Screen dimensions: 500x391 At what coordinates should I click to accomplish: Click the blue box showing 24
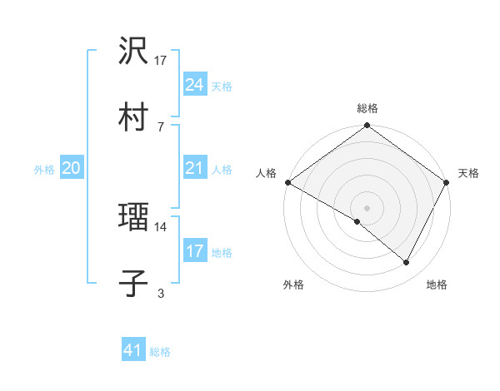[195, 85]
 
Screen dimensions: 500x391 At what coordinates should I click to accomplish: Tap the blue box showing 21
[195, 168]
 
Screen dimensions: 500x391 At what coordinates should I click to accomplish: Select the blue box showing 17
[195, 251]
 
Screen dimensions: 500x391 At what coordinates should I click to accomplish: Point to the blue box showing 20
[71, 168]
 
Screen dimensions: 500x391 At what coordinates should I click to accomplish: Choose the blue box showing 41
[133, 350]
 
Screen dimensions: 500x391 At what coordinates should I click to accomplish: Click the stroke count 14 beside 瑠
[162, 225]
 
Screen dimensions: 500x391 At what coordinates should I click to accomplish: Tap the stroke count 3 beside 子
[161, 292]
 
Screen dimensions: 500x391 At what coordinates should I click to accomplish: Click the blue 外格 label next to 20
[44, 169]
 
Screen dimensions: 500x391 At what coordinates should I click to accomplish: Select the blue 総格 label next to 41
[160, 352]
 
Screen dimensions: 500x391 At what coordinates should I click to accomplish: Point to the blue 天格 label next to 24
[222, 86]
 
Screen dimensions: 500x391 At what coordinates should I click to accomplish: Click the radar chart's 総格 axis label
[367, 109]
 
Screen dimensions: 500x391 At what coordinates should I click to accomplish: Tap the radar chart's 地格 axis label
[437, 285]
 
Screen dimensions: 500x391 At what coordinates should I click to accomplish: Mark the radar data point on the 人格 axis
[287, 182]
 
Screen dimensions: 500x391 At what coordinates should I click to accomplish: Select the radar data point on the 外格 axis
[357, 221]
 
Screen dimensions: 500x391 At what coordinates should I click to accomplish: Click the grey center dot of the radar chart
[367, 207]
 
